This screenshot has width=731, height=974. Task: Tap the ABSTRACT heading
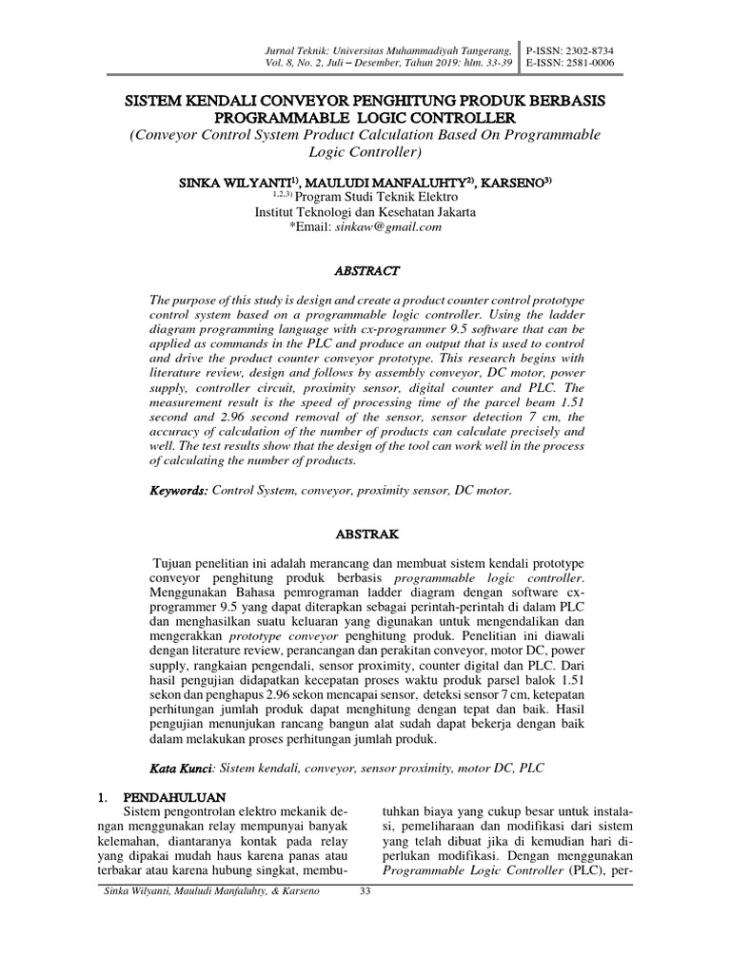click(x=366, y=270)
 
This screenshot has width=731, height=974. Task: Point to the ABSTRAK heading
click(x=366, y=535)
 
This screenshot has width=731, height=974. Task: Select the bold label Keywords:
click(x=178, y=491)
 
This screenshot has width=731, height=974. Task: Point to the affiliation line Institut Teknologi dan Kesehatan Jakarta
click(x=366, y=212)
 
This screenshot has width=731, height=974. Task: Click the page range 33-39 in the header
click(x=500, y=63)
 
